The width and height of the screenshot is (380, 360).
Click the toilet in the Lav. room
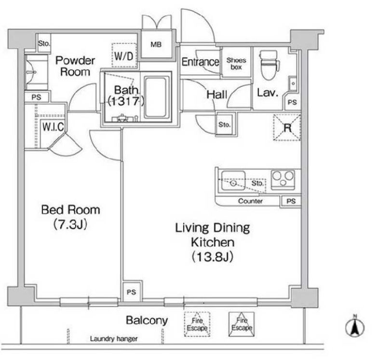click(x=269, y=65)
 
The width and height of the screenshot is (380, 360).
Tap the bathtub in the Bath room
click(x=157, y=97)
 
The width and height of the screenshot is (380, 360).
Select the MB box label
click(x=156, y=44)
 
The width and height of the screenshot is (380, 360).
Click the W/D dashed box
click(x=124, y=55)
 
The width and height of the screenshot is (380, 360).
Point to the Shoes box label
click(x=236, y=63)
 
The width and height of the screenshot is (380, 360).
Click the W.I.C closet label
click(x=53, y=127)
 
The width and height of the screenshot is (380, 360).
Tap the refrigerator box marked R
click(x=287, y=127)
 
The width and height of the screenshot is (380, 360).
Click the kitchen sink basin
click(x=233, y=181)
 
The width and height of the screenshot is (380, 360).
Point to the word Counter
click(x=250, y=201)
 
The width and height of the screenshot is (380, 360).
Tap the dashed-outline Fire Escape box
click(x=197, y=324)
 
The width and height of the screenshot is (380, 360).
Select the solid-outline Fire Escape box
click(x=242, y=324)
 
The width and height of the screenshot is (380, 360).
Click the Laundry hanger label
click(x=114, y=338)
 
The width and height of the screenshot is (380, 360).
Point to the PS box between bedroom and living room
click(x=131, y=292)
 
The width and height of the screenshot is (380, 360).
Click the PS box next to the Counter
click(x=291, y=201)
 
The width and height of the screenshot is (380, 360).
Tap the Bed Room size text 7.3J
click(x=70, y=224)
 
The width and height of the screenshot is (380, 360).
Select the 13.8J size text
click(x=213, y=257)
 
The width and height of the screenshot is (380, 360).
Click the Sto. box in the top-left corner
click(x=44, y=43)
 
